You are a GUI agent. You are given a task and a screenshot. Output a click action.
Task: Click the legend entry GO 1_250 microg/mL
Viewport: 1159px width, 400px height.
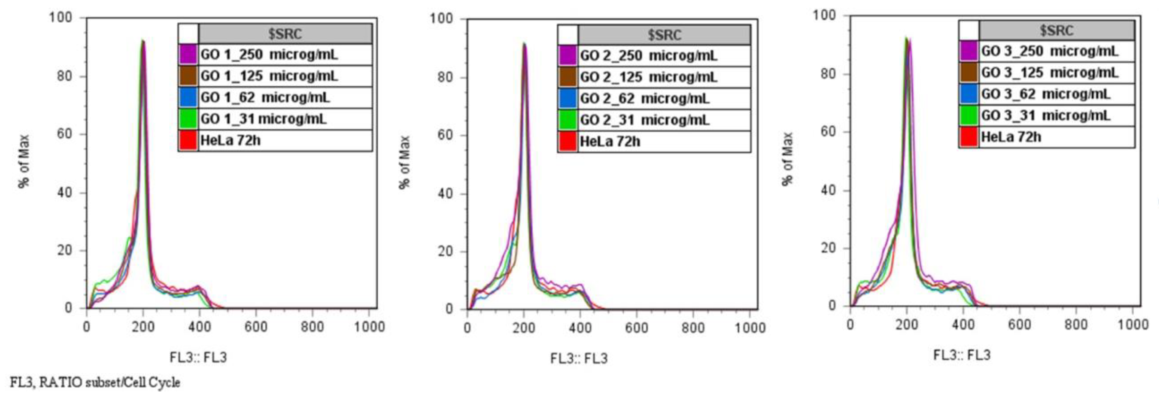tap(269, 55)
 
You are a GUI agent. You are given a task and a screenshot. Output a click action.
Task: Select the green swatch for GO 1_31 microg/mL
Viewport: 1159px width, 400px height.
tap(188, 119)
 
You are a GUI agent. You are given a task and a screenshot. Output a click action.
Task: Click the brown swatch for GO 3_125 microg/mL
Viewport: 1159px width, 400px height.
tap(968, 73)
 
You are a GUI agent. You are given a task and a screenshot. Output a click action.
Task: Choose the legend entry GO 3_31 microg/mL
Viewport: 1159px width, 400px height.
tap(1045, 116)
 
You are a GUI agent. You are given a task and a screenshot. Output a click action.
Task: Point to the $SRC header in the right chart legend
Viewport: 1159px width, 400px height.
tap(1056, 31)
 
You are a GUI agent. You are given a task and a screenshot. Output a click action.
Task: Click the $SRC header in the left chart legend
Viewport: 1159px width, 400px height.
tap(285, 34)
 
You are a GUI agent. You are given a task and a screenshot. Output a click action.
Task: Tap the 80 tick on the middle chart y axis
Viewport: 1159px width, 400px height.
tap(445, 77)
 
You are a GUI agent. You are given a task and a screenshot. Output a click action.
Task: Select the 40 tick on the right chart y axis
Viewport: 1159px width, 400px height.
tap(828, 190)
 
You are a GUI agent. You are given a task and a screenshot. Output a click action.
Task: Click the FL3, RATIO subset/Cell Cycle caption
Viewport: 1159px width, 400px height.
tap(95, 383)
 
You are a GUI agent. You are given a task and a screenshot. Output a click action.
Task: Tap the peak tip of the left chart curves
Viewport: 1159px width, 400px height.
tap(143, 41)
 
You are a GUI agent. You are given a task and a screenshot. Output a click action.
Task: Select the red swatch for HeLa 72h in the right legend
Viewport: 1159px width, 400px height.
tap(968, 137)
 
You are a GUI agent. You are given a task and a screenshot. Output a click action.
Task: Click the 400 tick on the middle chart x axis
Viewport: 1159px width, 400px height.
tap(580, 327)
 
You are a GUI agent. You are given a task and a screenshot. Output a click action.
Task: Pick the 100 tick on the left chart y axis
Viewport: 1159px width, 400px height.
tap(60, 18)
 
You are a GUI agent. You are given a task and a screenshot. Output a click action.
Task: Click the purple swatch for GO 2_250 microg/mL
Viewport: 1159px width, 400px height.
tap(567, 56)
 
